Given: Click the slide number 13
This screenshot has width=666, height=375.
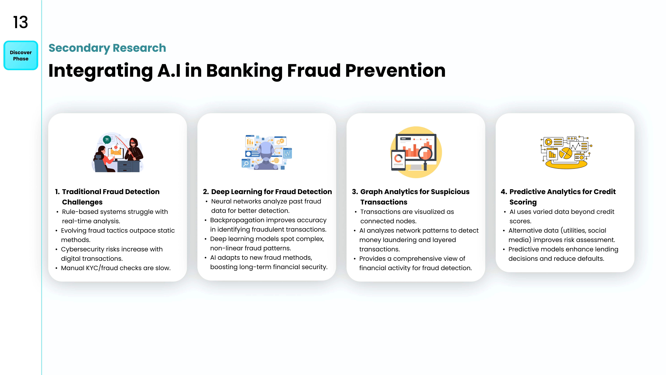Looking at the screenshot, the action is click(20, 22).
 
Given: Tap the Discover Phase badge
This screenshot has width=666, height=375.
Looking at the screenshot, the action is click(21, 55).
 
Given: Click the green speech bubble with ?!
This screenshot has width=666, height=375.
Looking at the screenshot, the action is click(107, 140).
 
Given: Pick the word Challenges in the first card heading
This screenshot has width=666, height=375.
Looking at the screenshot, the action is click(82, 202).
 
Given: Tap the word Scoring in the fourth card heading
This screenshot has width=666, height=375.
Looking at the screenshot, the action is click(523, 202).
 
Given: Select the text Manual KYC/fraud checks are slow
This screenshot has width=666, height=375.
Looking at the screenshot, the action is click(116, 268).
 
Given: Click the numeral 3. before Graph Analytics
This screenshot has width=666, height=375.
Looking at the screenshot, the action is click(355, 192).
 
